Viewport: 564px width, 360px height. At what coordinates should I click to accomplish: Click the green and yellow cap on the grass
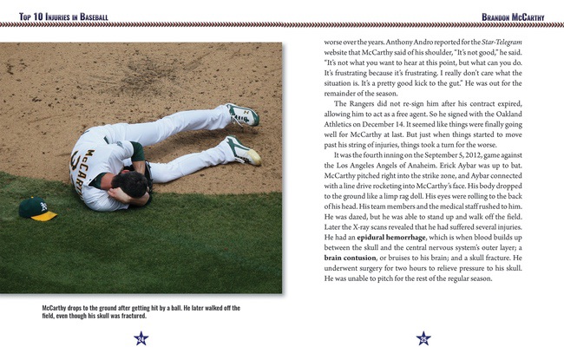click(37, 209)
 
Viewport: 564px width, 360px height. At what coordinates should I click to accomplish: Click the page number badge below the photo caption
click(141, 338)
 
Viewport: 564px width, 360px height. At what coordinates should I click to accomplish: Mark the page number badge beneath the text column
click(423, 338)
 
